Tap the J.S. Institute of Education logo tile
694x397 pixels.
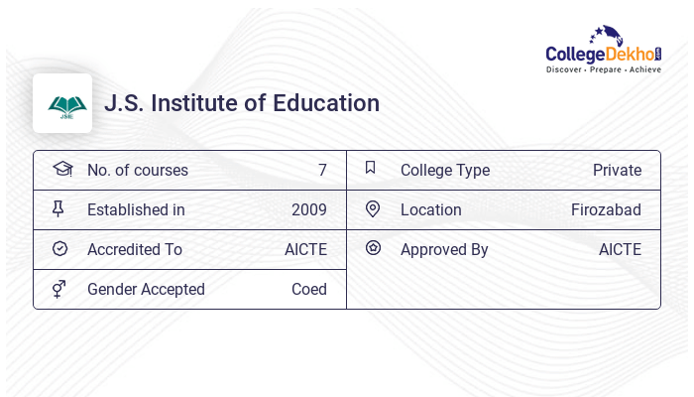click(62, 103)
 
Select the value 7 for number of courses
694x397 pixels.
click(322, 170)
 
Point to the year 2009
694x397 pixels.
click(308, 209)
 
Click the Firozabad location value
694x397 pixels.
click(606, 209)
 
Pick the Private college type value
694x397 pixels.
click(617, 170)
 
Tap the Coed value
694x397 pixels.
click(308, 289)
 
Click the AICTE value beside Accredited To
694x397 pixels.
click(305, 249)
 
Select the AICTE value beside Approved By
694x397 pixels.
click(620, 249)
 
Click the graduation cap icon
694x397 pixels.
click(61, 169)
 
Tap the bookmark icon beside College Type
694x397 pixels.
click(370, 168)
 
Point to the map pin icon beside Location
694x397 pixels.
click(373, 208)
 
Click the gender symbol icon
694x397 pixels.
click(59, 289)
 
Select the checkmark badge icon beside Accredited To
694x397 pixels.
click(59, 248)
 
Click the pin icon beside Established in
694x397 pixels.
click(58, 208)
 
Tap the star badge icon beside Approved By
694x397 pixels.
click(373, 248)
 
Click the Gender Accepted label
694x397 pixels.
click(146, 289)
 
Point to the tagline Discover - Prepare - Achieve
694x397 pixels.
click(604, 70)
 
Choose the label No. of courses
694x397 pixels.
click(137, 170)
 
